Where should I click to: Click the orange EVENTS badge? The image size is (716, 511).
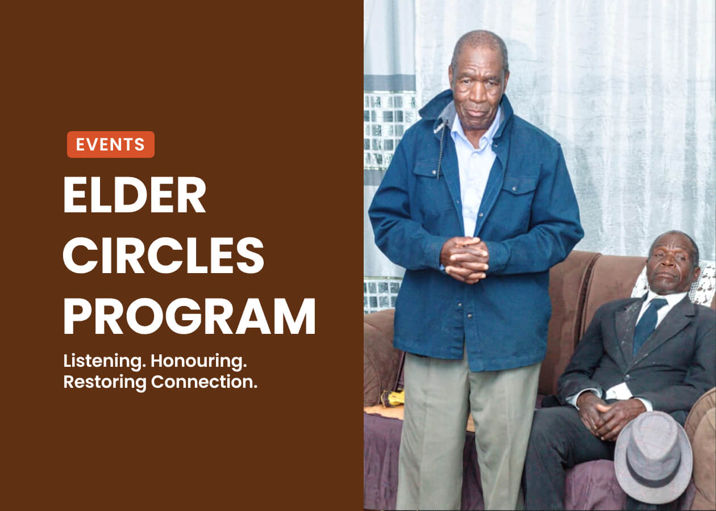pyautogui.click(x=111, y=144)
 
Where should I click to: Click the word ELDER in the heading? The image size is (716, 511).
pyautogui.click(x=135, y=195)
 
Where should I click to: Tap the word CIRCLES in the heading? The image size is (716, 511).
pyautogui.click(x=163, y=255)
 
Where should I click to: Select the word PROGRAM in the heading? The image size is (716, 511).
pyautogui.click(x=190, y=316)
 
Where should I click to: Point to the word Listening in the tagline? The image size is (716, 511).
pyautogui.click(x=103, y=362)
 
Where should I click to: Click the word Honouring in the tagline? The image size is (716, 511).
pyautogui.click(x=198, y=362)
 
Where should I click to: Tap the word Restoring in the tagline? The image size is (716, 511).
pyautogui.click(x=105, y=382)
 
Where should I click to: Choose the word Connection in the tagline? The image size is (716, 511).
pyautogui.click(x=204, y=382)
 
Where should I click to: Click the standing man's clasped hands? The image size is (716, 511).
pyautogui.click(x=465, y=259)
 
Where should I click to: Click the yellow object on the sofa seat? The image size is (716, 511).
pyautogui.click(x=392, y=398)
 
